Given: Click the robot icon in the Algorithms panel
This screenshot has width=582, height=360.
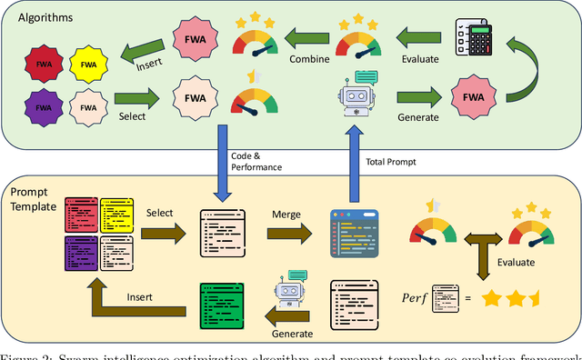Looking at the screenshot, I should coord(356,94).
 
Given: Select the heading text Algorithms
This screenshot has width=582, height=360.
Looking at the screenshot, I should coord(42,17).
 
